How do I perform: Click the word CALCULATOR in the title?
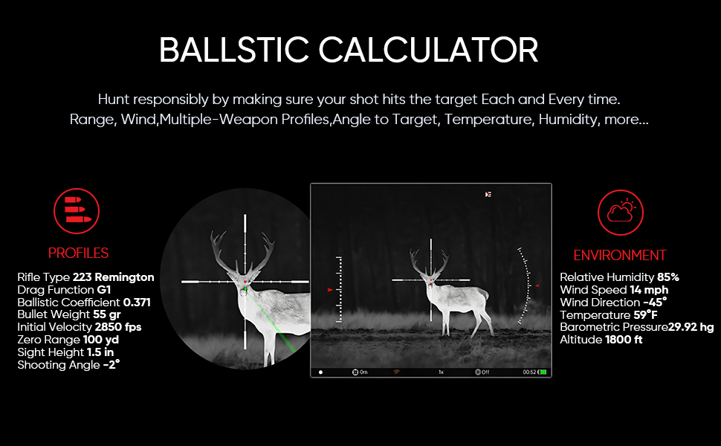428,50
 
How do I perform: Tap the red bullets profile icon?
77,211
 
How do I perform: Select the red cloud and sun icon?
621,213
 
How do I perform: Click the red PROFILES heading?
78,253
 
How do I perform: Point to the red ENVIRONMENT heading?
619,255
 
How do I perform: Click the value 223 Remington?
113,277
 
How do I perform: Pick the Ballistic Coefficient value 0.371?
137,302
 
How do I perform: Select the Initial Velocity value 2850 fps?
117,327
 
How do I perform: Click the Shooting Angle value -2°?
111,365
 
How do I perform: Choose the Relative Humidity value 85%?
667,277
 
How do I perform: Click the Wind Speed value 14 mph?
649,290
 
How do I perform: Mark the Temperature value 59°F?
645,315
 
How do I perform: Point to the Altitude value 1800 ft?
624,340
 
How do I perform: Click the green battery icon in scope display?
543,372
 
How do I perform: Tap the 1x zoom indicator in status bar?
441,372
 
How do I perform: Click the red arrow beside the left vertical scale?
330,290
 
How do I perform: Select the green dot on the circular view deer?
245,288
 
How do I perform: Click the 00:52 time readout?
529,372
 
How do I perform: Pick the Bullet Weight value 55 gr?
107,314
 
